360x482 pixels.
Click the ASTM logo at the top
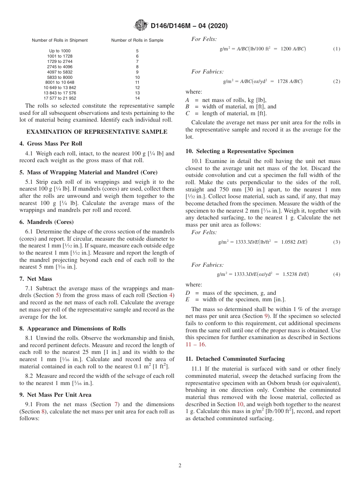tap(141, 26)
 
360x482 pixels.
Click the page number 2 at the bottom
tap(180, 466)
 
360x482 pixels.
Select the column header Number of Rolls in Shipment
tap(59, 40)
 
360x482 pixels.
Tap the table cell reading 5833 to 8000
tap(59, 77)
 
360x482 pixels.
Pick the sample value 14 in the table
tap(137, 98)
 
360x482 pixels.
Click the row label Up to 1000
tap(59, 51)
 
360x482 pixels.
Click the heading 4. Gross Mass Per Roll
tap(51, 144)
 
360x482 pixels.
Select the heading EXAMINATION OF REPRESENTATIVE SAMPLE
tap(97, 132)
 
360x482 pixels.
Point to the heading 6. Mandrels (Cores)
tap(47, 222)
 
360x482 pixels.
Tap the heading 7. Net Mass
tap(36, 279)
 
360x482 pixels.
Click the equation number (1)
tap(337, 49)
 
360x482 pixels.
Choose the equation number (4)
tap(337, 274)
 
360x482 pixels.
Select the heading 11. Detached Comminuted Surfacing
tap(235, 359)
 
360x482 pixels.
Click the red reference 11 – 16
tap(196, 344)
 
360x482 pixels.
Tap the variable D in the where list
tap(188, 293)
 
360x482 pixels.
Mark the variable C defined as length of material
tap(188, 113)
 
